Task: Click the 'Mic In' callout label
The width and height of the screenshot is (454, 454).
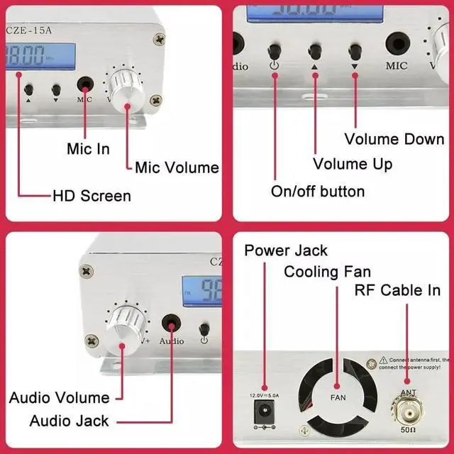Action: click(x=88, y=149)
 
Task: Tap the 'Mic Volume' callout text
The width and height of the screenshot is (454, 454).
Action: click(x=177, y=168)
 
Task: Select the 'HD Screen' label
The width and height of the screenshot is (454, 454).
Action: click(x=92, y=195)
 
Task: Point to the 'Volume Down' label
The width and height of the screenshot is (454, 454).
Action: click(x=394, y=138)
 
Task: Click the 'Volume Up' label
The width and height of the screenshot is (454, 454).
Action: click(x=353, y=165)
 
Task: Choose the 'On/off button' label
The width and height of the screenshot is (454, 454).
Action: click(x=318, y=192)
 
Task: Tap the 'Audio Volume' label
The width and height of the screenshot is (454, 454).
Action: click(x=60, y=397)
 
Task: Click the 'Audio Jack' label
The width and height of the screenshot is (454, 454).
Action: click(x=69, y=421)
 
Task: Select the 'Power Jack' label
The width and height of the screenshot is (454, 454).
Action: click(x=286, y=250)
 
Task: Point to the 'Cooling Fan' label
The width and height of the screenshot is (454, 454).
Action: click(x=327, y=272)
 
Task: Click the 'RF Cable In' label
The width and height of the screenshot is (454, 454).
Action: click(x=397, y=291)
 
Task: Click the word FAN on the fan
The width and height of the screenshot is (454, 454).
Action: click(x=338, y=398)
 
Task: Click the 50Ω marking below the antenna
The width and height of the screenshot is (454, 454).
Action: click(x=407, y=430)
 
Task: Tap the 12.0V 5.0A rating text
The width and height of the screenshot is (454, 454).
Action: click(x=265, y=394)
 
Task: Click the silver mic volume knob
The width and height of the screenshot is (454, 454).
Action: click(x=128, y=92)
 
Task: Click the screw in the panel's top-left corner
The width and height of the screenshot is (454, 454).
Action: click(x=87, y=270)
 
